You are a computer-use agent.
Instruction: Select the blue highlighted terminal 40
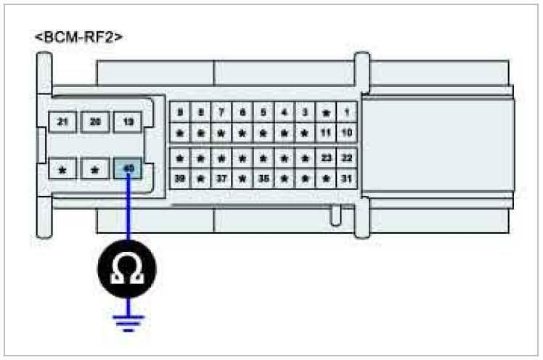pyautogui.click(x=128, y=170)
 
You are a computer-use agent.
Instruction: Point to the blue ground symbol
pyautogui.click(x=128, y=321)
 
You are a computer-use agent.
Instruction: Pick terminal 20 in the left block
pyautogui.click(x=94, y=122)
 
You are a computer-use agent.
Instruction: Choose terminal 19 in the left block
pyautogui.click(x=128, y=122)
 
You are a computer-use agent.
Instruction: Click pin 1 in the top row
pyautogui.click(x=347, y=112)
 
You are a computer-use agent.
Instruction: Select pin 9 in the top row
pyautogui.click(x=179, y=112)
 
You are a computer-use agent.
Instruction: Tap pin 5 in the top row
pyautogui.click(x=263, y=112)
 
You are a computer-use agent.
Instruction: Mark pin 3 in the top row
pyautogui.click(x=306, y=112)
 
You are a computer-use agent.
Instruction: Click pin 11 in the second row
pyautogui.click(x=326, y=133)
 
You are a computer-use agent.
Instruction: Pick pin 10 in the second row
pyautogui.click(x=347, y=133)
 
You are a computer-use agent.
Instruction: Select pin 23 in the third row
pyautogui.click(x=326, y=157)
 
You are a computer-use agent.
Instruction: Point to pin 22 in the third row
pyautogui.click(x=347, y=157)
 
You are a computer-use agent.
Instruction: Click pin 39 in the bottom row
pyautogui.click(x=179, y=177)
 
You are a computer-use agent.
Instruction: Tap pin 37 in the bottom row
pyautogui.click(x=221, y=177)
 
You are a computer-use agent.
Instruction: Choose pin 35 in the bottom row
pyautogui.click(x=263, y=177)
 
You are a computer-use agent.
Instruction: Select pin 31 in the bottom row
pyautogui.click(x=347, y=177)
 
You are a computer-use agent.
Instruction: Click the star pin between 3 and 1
pyautogui.click(x=326, y=112)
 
